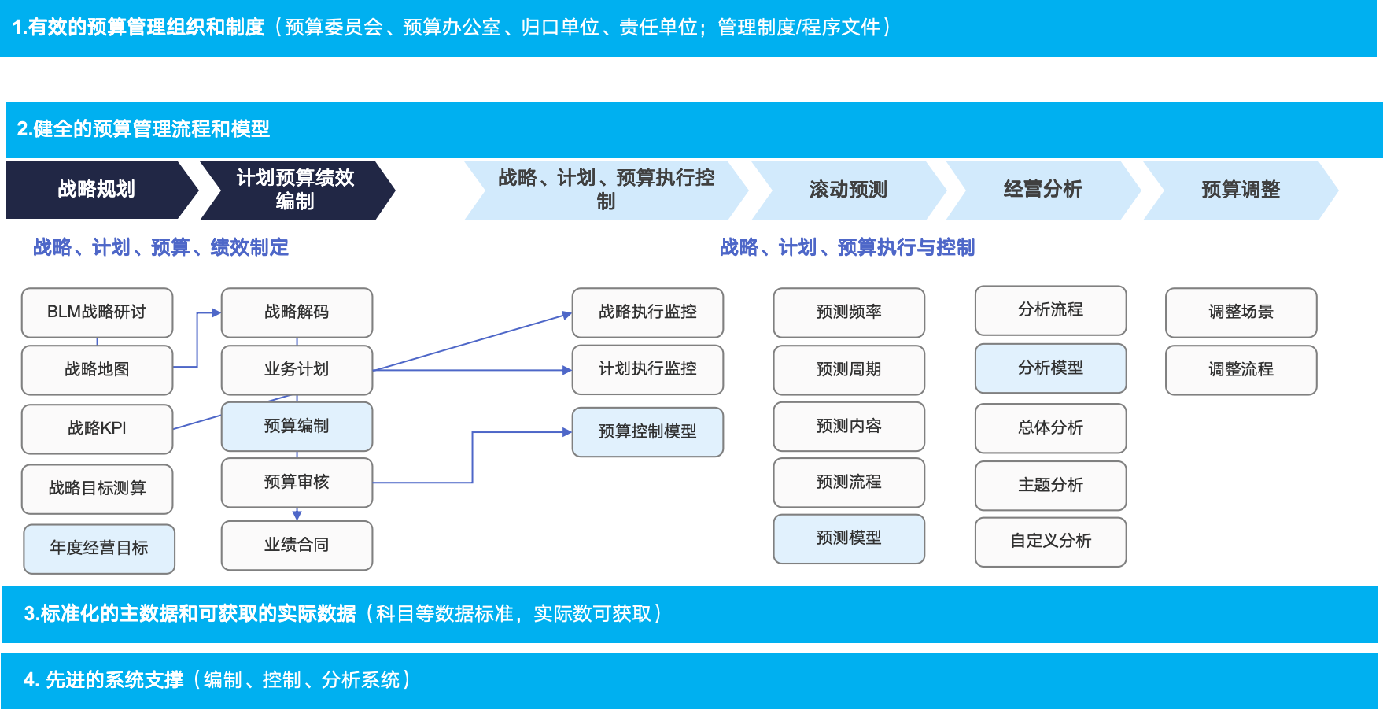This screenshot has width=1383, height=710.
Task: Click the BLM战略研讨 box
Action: click(x=97, y=312)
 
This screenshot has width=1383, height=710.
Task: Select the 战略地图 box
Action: click(x=97, y=369)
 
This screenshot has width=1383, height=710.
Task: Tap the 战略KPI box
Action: click(x=97, y=428)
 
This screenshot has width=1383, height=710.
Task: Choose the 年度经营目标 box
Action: click(x=99, y=548)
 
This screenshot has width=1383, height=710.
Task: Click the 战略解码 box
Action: click(x=297, y=312)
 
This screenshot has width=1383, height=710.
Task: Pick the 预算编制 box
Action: click(x=297, y=426)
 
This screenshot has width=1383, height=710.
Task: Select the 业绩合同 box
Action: click(x=297, y=545)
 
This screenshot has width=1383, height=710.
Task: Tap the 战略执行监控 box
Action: click(x=647, y=312)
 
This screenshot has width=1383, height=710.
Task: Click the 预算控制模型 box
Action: click(x=647, y=431)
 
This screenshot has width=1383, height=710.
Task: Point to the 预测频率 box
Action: click(x=849, y=312)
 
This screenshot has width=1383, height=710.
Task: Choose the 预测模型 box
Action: click(x=849, y=538)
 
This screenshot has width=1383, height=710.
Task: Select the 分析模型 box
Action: click(x=1050, y=368)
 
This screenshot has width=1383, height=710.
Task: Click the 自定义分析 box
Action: click(x=1050, y=541)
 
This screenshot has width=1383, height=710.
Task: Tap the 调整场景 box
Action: click(x=1241, y=312)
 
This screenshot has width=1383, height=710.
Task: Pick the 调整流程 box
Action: click(x=1241, y=369)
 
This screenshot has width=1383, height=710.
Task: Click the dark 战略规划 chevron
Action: click(x=97, y=190)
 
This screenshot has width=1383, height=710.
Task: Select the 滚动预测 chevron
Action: click(x=848, y=190)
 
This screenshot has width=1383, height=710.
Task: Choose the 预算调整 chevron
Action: click(x=1240, y=190)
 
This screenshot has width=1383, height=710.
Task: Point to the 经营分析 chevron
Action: click(x=1042, y=190)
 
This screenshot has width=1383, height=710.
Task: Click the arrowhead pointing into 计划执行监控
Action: click(x=567, y=370)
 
